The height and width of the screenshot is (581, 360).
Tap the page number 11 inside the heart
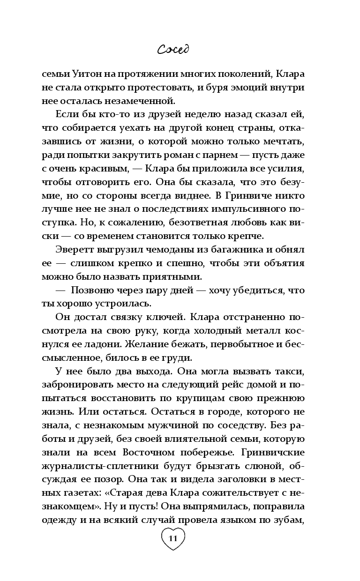172,538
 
